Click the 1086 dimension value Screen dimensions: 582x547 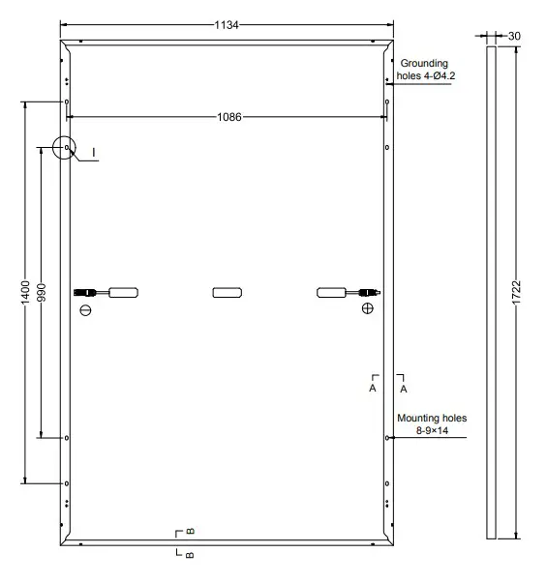(229, 117)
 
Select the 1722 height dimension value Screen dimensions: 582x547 (516, 291)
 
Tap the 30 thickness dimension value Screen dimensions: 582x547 (514, 36)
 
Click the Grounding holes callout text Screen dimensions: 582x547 (423, 69)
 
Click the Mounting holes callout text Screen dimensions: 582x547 (432, 424)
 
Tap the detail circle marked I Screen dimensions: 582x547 (65, 148)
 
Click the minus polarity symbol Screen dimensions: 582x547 (85, 310)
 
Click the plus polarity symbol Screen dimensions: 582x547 (367, 309)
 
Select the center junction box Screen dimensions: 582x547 (228, 291)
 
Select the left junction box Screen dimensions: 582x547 (123, 291)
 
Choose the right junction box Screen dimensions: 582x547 (333, 291)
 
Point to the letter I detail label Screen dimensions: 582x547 (94, 153)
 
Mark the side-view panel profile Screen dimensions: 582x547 (491, 291)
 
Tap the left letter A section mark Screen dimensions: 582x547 (372, 388)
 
